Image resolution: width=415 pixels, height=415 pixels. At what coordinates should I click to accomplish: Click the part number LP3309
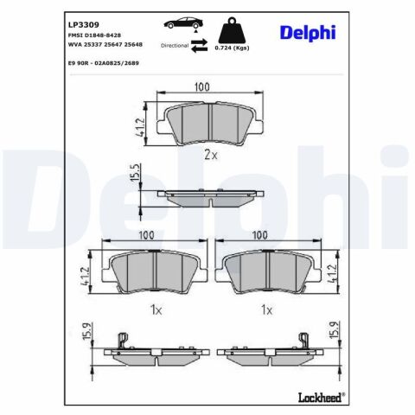(x=84, y=25)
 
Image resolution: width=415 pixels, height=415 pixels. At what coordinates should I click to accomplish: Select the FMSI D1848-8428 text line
(x=94, y=35)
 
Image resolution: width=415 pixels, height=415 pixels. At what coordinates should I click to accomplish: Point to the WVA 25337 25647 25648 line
(x=105, y=45)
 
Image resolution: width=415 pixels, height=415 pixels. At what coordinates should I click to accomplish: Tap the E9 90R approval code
(x=104, y=63)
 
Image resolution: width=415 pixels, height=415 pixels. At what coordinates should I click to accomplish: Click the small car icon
(x=183, y=23)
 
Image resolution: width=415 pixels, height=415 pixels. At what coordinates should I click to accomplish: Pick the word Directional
(x=175, y=46)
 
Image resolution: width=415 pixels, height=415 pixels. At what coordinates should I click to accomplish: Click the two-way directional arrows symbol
(x=199, y=46)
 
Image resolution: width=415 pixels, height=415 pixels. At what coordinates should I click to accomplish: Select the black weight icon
(x=232, y=30)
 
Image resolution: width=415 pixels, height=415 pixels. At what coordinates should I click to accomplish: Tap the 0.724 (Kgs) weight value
(x=232, y=48)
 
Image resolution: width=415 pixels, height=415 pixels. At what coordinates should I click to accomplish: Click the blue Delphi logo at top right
(x=308, y=33)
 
